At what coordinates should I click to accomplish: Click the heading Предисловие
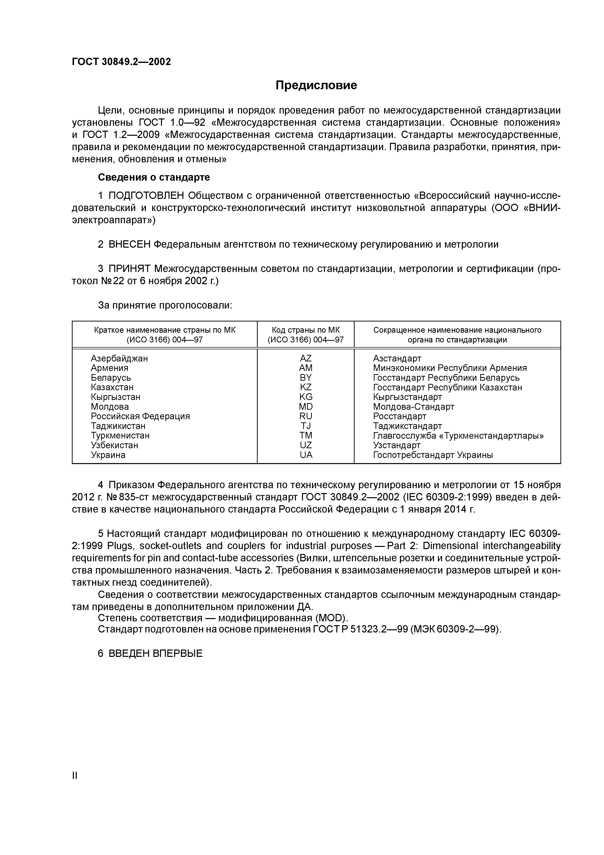click(x=316, y=85)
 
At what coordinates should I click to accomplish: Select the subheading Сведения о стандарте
click(x=154, y=177)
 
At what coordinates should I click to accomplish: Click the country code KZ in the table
click(x=306, y=387)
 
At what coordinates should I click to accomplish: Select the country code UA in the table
click(x=306, y=455)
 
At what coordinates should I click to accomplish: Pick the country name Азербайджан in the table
click(x=119, y=358)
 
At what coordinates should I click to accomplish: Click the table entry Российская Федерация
click(x=140, y=416)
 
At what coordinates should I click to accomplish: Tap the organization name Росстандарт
click(x=399, y=416)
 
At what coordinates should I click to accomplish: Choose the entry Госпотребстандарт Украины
click(x=433, y=455)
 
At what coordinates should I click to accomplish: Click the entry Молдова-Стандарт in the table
click(x=414, y=407)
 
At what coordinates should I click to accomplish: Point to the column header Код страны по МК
click(x=306, y=330)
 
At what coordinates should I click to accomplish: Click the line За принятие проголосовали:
click(x=165, y=305)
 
